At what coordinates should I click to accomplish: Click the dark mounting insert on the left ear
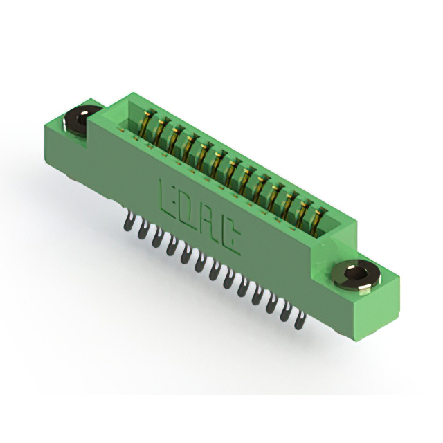click(x=80, y=121)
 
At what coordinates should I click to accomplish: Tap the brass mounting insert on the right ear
click(x=356, y=276)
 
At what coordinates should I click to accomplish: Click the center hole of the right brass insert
click(x=356, y=273)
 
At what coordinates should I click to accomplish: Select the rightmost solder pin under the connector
click(x=300, y=321)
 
